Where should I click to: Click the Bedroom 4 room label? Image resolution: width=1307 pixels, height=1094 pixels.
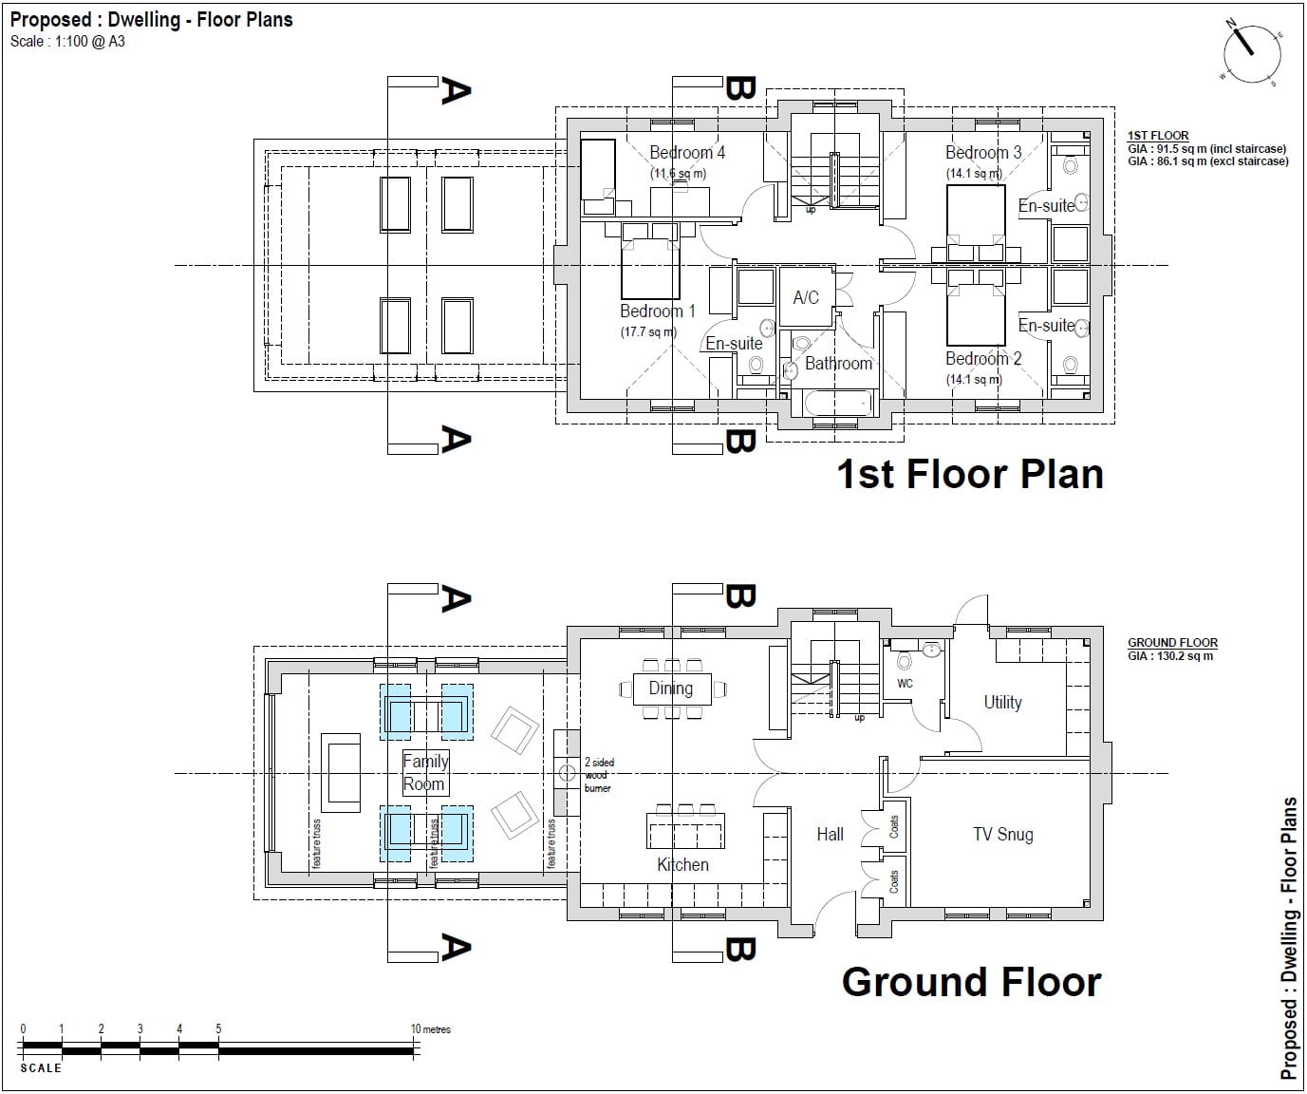tap(687, 153)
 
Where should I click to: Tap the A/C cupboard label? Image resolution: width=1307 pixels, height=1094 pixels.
tap(806, 297)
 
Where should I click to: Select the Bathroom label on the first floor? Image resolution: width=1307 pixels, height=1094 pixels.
tap(838, 363)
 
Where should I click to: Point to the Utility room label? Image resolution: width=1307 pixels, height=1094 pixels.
tap(1002, 703)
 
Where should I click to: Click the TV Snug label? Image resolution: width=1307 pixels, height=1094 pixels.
tap(1002, 834)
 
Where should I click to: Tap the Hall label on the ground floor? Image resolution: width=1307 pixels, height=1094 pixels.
tap(830, 834)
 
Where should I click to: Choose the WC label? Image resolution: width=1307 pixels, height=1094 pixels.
tap(905, 683)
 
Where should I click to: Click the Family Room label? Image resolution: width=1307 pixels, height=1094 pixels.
tap(424, 772)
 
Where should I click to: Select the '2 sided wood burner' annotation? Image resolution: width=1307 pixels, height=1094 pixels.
tap(597, 775)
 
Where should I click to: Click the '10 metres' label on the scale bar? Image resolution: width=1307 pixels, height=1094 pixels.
tap(429, 1028)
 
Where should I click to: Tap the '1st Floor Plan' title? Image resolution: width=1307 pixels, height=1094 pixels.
tap(969, 474)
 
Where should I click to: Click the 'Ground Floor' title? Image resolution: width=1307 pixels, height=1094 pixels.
tap(971, 982)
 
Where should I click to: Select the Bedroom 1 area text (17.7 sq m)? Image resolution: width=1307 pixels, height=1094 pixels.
tap(648, 332)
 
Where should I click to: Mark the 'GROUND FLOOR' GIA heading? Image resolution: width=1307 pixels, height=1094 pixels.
tap(1172, 643)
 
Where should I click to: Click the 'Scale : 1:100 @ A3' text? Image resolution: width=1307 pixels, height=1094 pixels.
tap(67, 42)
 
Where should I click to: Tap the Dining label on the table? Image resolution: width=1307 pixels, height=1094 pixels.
tap(670, 688)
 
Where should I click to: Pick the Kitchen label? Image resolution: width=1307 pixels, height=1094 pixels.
tap(682, 864)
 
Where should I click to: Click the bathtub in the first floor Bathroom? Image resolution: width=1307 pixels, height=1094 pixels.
tap(837, 403)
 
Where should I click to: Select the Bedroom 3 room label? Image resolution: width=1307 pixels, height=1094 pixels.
tap(983, 153)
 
